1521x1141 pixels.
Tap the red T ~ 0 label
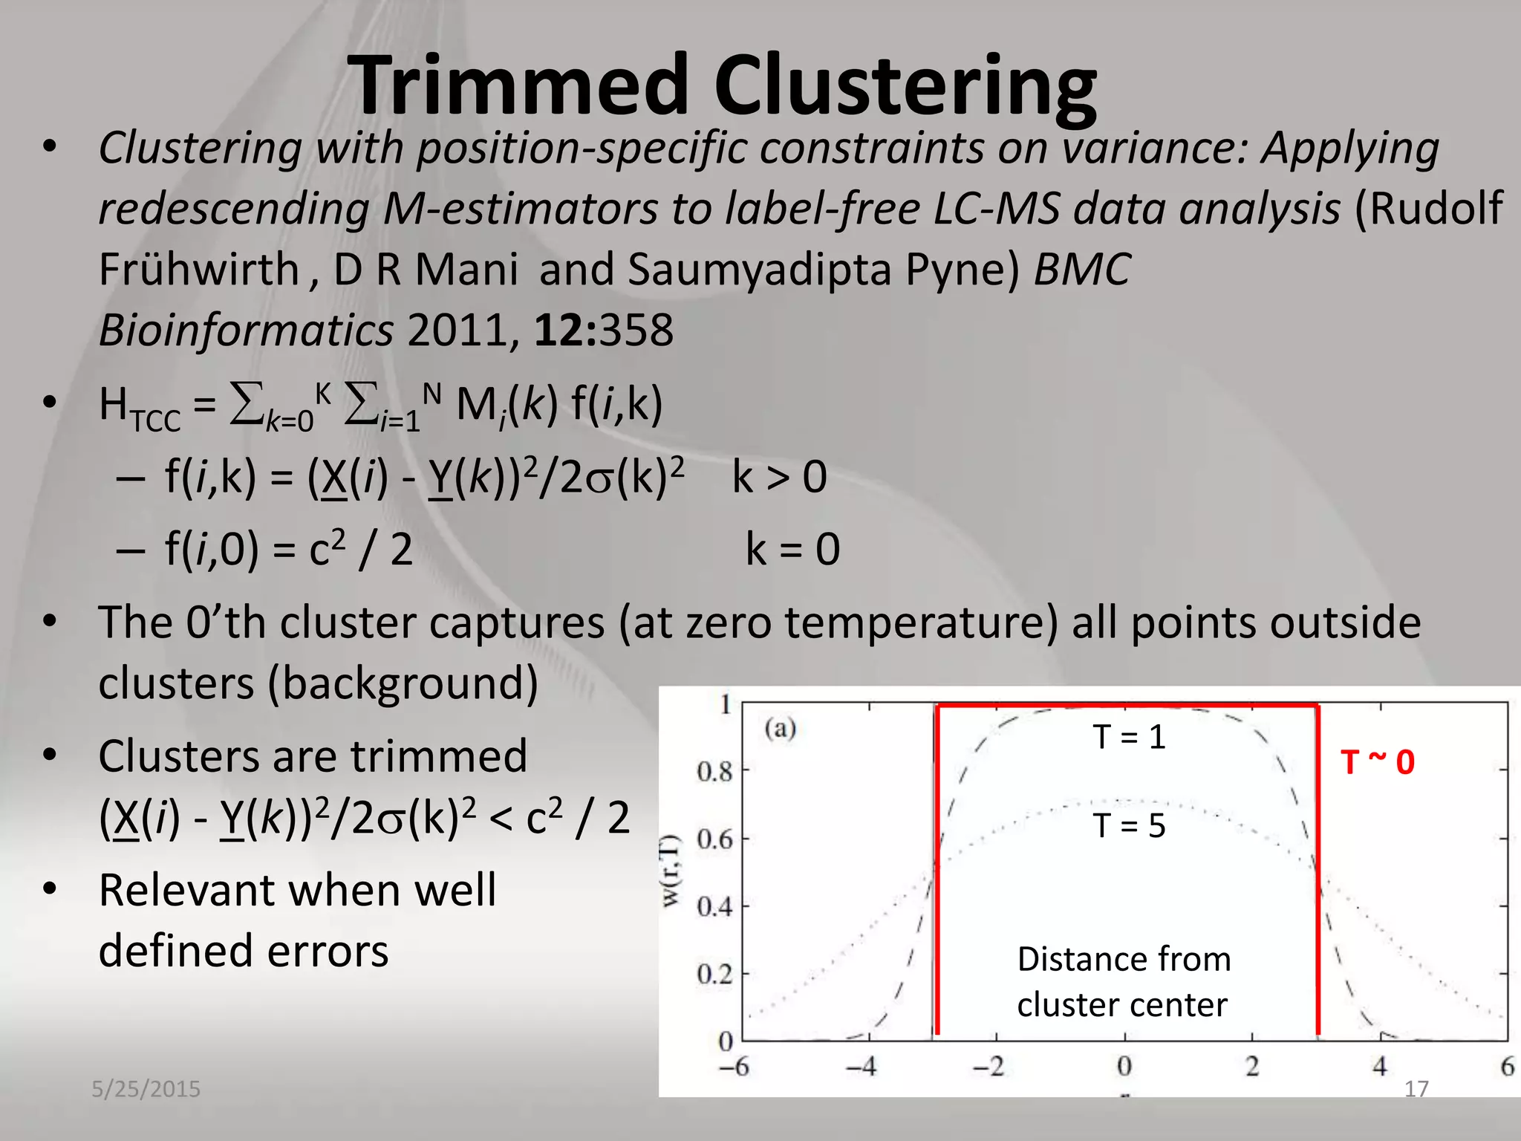1377,762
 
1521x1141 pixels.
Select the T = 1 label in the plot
1129,737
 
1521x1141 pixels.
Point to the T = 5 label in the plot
1129,825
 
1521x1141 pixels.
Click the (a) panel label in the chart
780,727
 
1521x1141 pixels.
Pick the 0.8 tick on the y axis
714,772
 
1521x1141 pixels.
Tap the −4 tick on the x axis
861,1067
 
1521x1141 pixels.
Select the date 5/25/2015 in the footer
146,1089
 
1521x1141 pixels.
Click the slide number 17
1416,1089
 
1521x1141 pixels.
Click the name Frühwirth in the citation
198,269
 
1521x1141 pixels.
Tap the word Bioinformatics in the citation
246,330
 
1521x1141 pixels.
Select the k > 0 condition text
779,477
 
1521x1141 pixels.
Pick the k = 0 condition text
792,550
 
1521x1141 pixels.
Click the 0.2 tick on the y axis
714,974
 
